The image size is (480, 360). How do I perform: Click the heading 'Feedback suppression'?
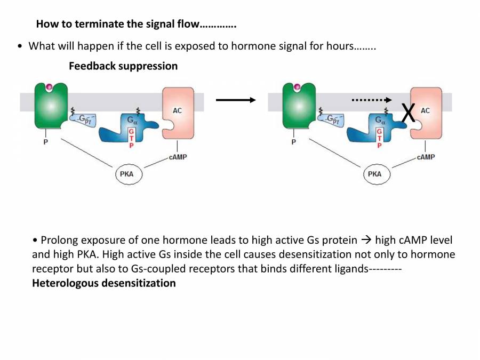[x=123, y=66]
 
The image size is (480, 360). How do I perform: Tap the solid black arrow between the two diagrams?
[x=235, y=100]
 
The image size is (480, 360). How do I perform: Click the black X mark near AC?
[x=408, y=113]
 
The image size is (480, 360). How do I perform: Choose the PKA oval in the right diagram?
[x=376, y=174]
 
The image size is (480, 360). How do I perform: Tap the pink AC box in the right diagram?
[x=427, y=115]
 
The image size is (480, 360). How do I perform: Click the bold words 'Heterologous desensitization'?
[x=104, y=283]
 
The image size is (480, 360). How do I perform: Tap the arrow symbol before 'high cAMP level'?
[x=366, y=240]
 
